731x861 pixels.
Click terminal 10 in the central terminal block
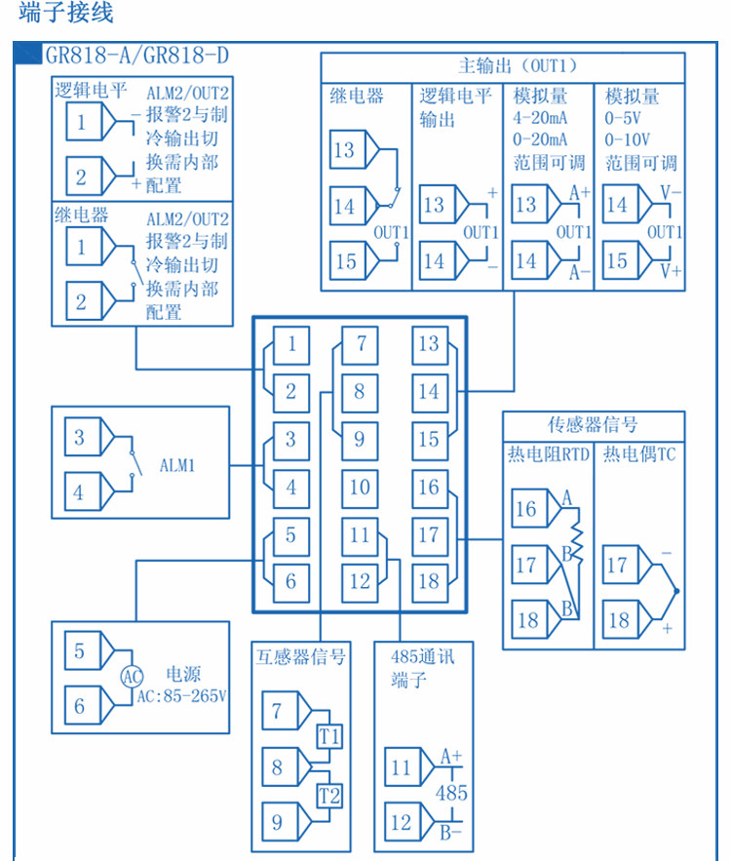point(360,489)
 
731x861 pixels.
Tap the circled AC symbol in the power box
point(132,677)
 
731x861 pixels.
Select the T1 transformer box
point(329,736)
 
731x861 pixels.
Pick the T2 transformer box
point(329,796)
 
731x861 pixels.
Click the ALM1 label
point(177,466)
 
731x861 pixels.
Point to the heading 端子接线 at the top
point(66,12)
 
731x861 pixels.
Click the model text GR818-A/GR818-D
point(136,55)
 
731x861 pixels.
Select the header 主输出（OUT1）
point(519,66)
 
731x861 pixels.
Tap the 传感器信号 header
point(593,424)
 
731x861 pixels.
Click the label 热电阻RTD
point(548,454)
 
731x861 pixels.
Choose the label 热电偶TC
point(639,454)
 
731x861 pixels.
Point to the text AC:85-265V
point(181,696)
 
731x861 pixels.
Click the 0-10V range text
point(628,140)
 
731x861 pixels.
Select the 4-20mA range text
point(540,118)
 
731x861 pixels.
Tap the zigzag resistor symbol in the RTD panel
point(577,542)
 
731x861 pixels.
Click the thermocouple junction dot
point(676,591)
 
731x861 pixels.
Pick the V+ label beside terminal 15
point(671,271)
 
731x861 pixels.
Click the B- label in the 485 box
point(450,833)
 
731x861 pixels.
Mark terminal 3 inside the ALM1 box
point(82,437)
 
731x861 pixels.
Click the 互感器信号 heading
point(301,657)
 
